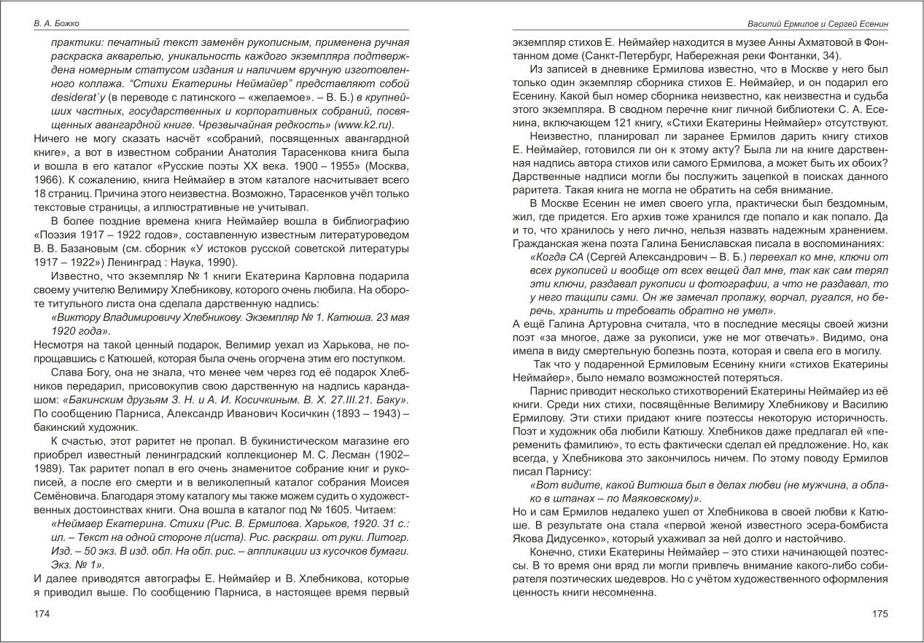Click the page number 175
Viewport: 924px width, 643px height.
pyautogui.click(x=880, y=614)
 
